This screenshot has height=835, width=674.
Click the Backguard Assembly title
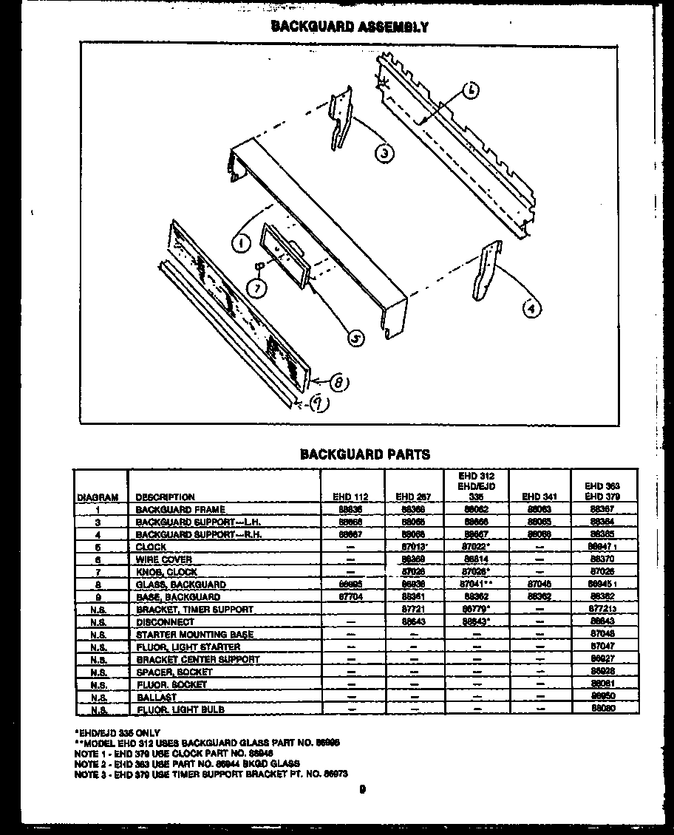tap(350, 27)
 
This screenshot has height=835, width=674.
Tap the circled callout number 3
tap(383, 154)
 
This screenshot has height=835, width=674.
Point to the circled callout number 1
tap(239, 240)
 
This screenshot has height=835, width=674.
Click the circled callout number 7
tap(256, 289)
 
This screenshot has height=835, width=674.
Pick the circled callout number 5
tap(356, 338)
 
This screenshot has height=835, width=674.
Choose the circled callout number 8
tap(340, 382)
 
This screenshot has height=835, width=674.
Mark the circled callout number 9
tap(318, 404)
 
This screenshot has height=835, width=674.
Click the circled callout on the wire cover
tap(472, 91)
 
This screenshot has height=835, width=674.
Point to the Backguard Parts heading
tap(364, 454)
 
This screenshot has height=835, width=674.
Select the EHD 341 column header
tap(539, 497)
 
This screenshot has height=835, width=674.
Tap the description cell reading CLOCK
tap(151, 548)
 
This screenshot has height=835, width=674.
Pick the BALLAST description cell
tap(156, 698)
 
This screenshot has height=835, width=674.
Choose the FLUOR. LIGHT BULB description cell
tap(180, 710)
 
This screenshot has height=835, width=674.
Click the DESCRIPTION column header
tap(165, 497)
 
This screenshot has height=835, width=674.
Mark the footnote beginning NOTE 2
tap(186, 763)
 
